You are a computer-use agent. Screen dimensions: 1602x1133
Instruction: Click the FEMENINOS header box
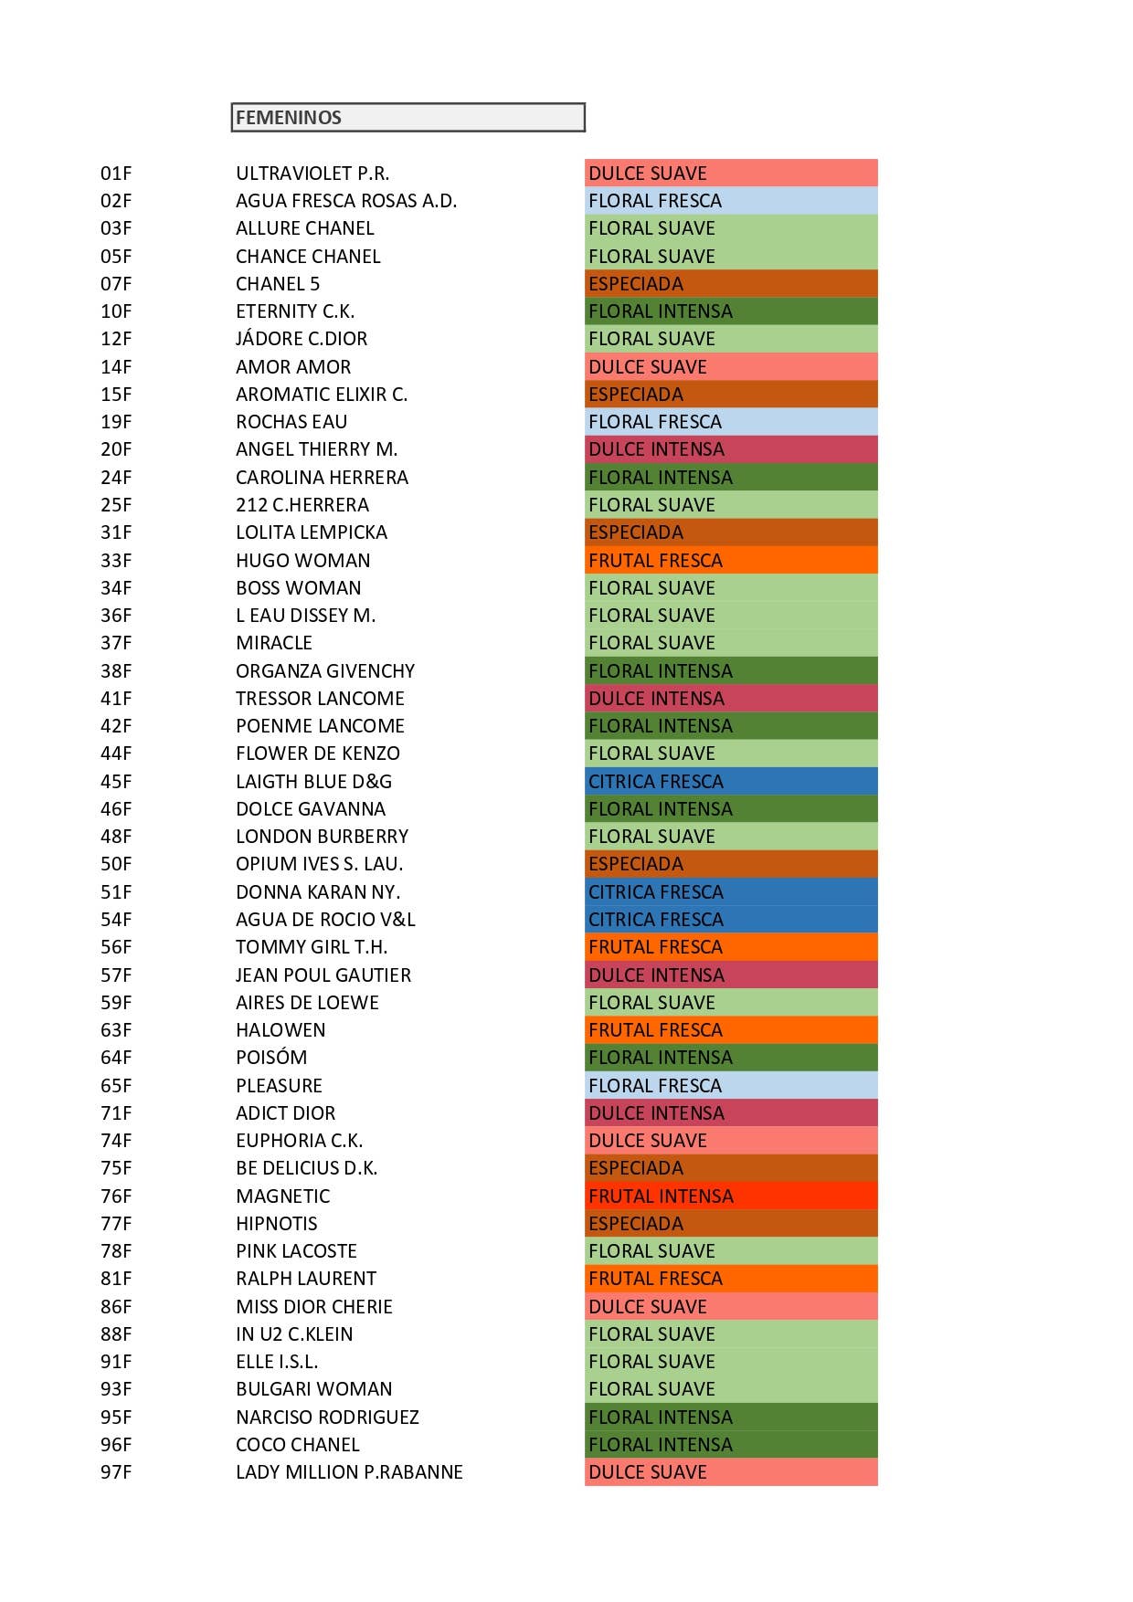click(408, 118)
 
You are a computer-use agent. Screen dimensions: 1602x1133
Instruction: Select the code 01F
click(116, 174)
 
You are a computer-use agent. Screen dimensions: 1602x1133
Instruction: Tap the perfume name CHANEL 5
click(278, 284)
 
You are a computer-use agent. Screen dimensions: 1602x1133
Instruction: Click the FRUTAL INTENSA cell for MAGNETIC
click(731, 1196)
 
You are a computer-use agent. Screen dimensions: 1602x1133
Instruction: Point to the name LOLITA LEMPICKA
click(312, 532)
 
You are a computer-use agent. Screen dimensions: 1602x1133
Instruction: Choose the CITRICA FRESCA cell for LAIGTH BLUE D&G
click(731, 782)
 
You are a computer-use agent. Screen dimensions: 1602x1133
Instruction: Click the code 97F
click(116, 1472)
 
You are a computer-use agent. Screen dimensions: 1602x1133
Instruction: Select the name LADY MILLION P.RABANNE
click(349, 1472)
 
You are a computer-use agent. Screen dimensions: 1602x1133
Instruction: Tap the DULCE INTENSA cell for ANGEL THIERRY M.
click(731, 449)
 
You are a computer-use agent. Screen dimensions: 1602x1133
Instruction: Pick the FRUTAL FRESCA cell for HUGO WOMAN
click(731, 561)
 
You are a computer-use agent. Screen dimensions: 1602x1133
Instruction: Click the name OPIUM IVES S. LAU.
click(319, 864)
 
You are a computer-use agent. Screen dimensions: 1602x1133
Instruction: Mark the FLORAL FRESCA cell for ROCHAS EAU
click(731, 422)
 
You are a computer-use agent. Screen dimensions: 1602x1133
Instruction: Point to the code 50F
click(116, 864)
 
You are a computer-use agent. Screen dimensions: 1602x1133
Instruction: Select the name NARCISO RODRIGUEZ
click(327, 1418)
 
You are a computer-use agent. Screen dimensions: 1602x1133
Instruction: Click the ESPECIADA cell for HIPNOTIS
click(731, 1224)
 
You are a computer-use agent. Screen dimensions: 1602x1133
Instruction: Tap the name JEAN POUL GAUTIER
click(323, 975)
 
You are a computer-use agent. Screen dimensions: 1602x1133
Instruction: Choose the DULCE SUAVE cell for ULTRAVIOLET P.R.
click(731, 174)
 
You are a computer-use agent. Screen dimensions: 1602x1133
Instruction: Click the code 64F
click(116, 1058)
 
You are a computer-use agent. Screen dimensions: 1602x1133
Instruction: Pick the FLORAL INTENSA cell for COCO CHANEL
click(731, 1445)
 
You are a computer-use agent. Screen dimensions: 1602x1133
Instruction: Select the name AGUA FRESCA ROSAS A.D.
click(346, 201)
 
